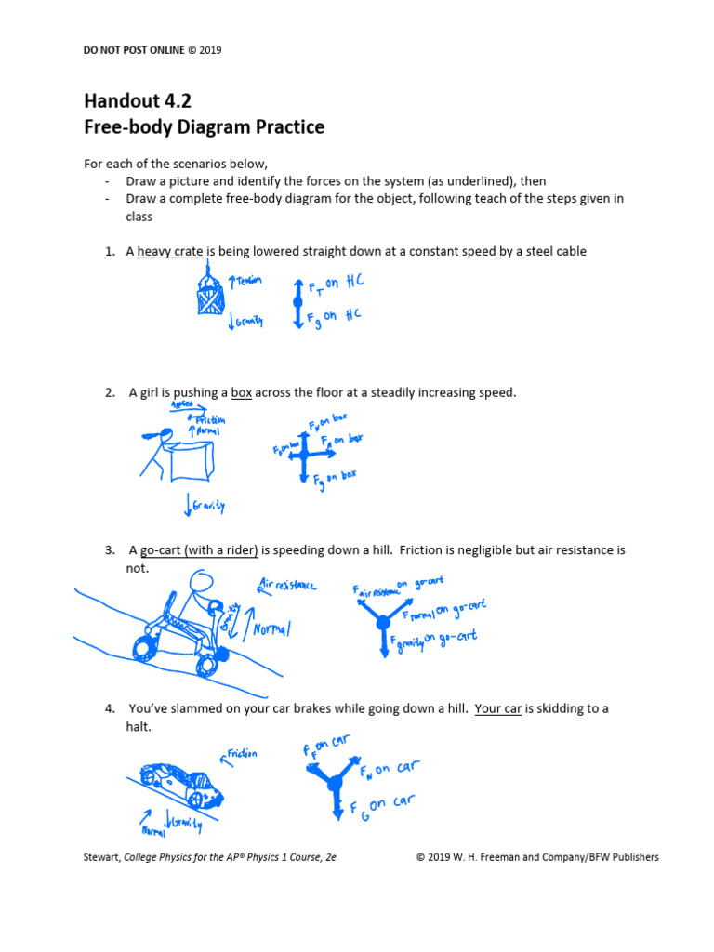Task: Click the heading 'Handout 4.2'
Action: (138, 101)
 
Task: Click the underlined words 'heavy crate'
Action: (170, 251)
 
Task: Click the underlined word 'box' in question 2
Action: (241, 392)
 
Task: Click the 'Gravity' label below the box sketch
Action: (207, 506)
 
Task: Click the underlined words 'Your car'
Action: (498, 708)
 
